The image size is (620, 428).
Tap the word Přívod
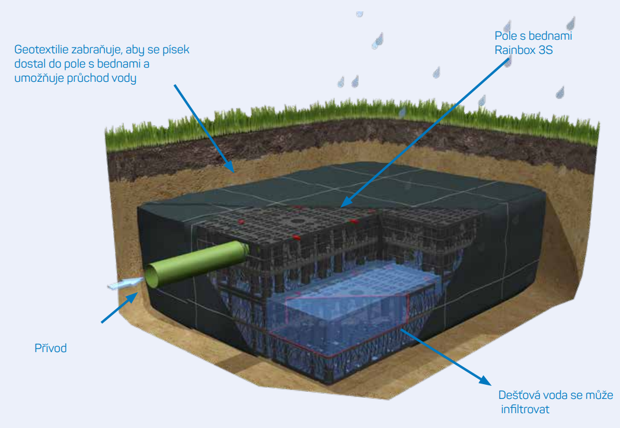coord(50,348)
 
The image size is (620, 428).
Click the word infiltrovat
coord(525,409)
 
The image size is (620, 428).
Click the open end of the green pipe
coord(151,276)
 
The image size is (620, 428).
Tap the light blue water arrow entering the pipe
coord(125,283)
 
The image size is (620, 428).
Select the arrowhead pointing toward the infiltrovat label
coord(485,380)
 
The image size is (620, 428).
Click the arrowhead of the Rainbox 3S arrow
coord(346,202)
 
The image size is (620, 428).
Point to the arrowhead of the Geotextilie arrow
coord(230,167)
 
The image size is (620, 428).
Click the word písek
coord(176,49)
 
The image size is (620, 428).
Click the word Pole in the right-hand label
coord(506,36)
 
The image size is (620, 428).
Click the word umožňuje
coord(39,78)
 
